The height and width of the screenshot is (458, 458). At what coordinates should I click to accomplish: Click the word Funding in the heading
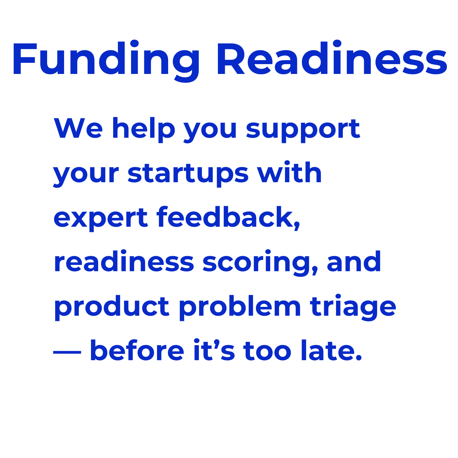coord(106,61)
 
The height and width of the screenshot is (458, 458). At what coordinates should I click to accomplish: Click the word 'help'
coord(144,130)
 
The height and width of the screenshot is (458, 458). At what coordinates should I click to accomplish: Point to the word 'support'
coord(303,131)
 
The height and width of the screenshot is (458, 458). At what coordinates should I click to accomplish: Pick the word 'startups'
coord(188,174)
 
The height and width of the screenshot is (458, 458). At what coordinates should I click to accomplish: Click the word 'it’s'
coord(214,349)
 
